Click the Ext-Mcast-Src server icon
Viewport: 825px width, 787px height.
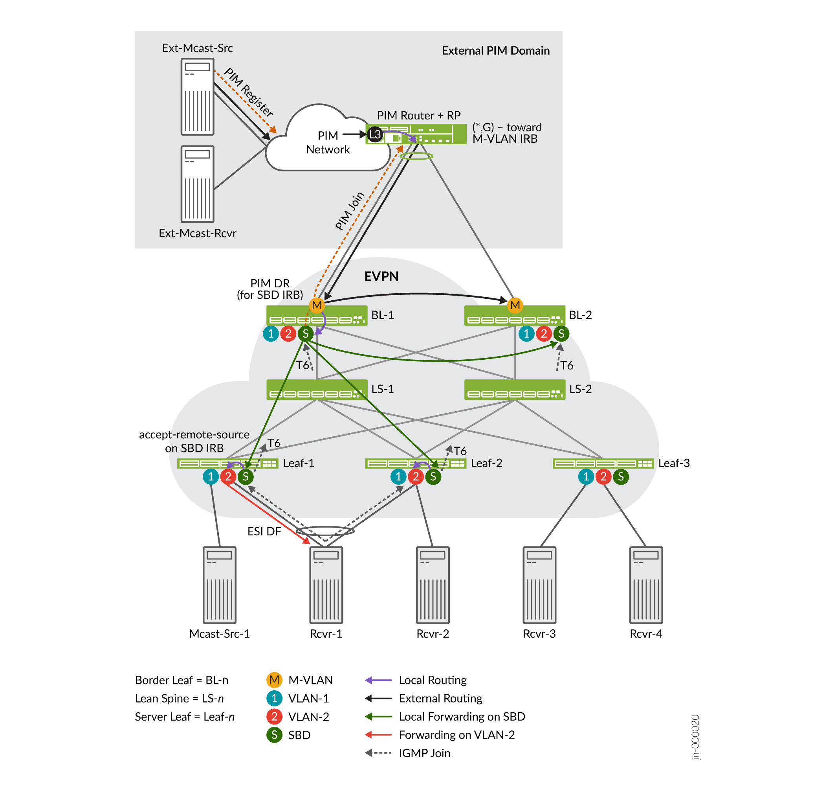pyautogui.click(x=198, y=96)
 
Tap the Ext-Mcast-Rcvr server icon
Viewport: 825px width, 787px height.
pyautogui.click(x=198, y=184)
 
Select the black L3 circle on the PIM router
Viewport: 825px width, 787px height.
pyautogui.click(x=375, y=134)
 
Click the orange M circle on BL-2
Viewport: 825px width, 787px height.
pyautogui.click(x=515, y=305)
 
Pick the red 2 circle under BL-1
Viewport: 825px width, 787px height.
pyautogui.click(x=288, y=333)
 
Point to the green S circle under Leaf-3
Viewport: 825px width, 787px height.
pyautogui.click(x=620, y=476)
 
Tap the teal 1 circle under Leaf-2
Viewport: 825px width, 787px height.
pyautogui.click(x=398, y=476)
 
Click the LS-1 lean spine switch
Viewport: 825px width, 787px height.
pyautogui.click(x=317, y=389)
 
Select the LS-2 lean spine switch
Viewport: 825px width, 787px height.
pyautogui.click(x=515, y=389)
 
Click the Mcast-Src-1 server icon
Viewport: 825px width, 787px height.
pyautogui.click(x=219, y=585)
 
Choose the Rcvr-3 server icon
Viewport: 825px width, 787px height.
pyautogui.click(x=539, y=585)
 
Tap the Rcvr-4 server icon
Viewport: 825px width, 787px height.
pyautogui.click(x=645, y=585)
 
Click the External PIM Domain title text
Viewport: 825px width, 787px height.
pyautogui.click(x=495, y=51)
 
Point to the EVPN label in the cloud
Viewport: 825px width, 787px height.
pyautogui.click(x=381, y=276)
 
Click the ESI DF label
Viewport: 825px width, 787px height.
pyautogui.click(x=264, y=531)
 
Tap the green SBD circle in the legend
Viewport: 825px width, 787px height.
pyautogui.click(x=274, y=735)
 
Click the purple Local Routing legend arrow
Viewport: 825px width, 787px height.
pyautogui.click(x=378, y=680)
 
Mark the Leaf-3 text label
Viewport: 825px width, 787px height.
pyautogui.click(x=674, y=463)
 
